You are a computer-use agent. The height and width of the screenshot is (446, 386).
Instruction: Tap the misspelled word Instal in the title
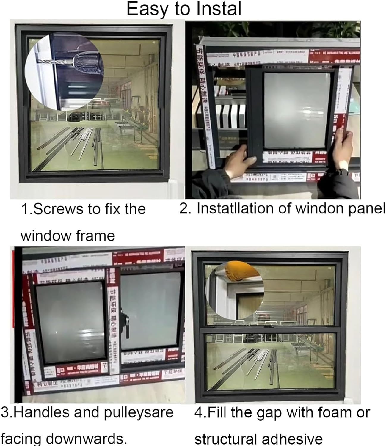coord(219,9)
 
